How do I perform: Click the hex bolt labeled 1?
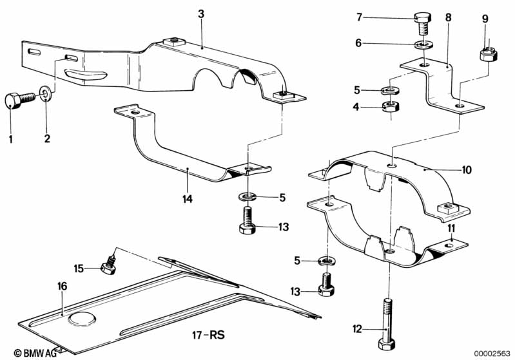click(20, 99)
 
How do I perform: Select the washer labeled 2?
click(45, 93)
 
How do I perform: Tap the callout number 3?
click(201, 14)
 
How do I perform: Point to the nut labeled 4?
click(391, 106)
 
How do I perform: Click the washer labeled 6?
click(424, 44)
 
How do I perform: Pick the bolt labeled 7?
click(423, 24)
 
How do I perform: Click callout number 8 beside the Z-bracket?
click(449, 17)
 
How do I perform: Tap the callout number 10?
click(467, 169)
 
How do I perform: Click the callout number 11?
click(452, 228)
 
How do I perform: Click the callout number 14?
click(188, 199)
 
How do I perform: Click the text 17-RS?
click(209, 336)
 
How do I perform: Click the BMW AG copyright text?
click(35, 353)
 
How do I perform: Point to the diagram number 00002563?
click(492, 354)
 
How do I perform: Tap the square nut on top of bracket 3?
click(174, 42)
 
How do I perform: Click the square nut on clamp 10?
click(447, 208)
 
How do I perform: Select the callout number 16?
click(63, 286)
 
